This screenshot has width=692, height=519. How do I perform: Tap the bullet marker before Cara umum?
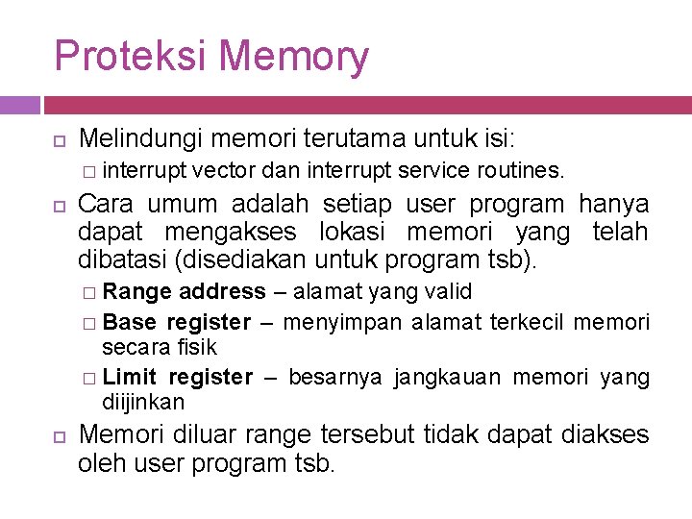point(59,205)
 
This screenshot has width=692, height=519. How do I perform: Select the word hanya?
point(613,205)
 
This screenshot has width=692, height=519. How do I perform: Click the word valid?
point(449,291)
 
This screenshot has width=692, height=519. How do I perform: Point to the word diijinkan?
point(143,402)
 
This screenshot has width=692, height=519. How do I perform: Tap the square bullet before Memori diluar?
point(59,435)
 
